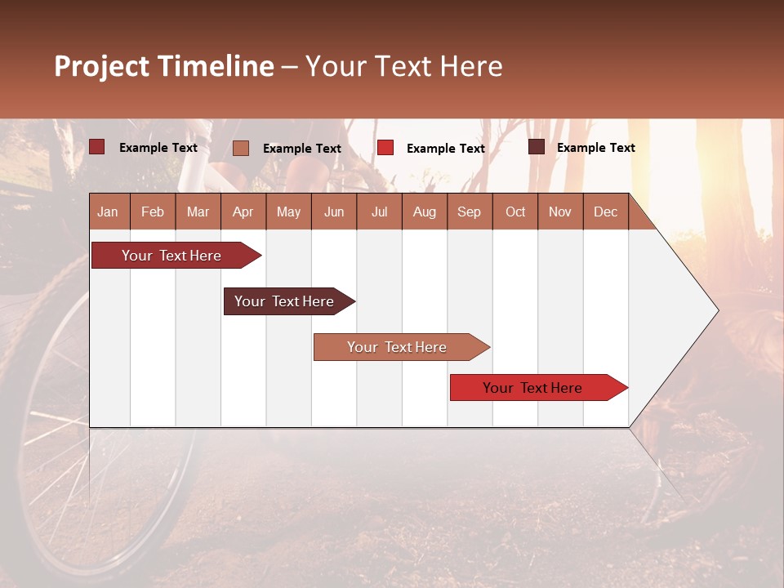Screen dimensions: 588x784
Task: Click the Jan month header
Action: tap(108, 212)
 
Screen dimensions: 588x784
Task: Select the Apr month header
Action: tap(243, 212)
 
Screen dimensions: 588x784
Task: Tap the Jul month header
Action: tap(379, 212)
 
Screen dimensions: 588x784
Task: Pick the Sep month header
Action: tap(469, 212)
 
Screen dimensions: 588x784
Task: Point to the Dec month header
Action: tap(605, 212)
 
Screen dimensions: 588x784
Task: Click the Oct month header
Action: tap(515, 212)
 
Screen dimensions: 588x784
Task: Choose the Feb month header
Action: tap(153, 212)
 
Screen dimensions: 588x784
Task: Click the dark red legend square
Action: tap(96, 147)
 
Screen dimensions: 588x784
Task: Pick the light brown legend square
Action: tap(240, 148)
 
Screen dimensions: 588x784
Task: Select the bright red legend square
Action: tap(385, 147)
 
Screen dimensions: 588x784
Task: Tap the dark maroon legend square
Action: tap(536, 147)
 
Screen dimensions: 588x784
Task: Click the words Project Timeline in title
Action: tap(164, 66)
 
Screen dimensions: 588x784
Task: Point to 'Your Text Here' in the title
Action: tap(403, 66)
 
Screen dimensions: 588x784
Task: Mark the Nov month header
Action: tap(560, 212)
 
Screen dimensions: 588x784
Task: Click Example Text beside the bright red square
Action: tap(445, 148)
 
